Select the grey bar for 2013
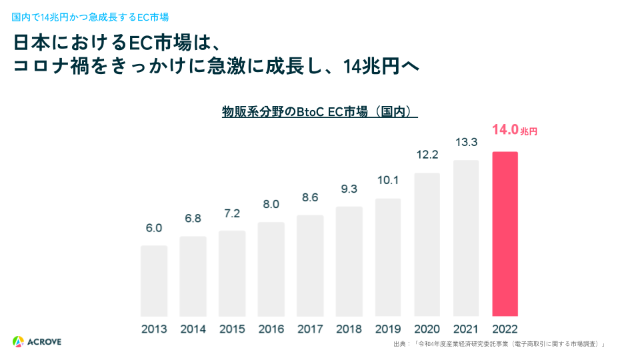point(154,280)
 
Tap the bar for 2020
point(427,244)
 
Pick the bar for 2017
point(310,265)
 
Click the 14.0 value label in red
point(505,130)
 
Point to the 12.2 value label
point(427,155)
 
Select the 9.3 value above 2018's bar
point(349,189)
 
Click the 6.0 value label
point(154,228)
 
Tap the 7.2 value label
point(232,213)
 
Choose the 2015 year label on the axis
point(232,329)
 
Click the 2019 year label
point(388,329)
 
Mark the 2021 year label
point(466,329)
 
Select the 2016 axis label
point(271,329)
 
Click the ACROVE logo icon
point(18,342)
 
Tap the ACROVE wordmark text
point(45,342)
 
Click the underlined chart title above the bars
point(319,112)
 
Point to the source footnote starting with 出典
point(499,344)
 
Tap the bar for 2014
point(193,275)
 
